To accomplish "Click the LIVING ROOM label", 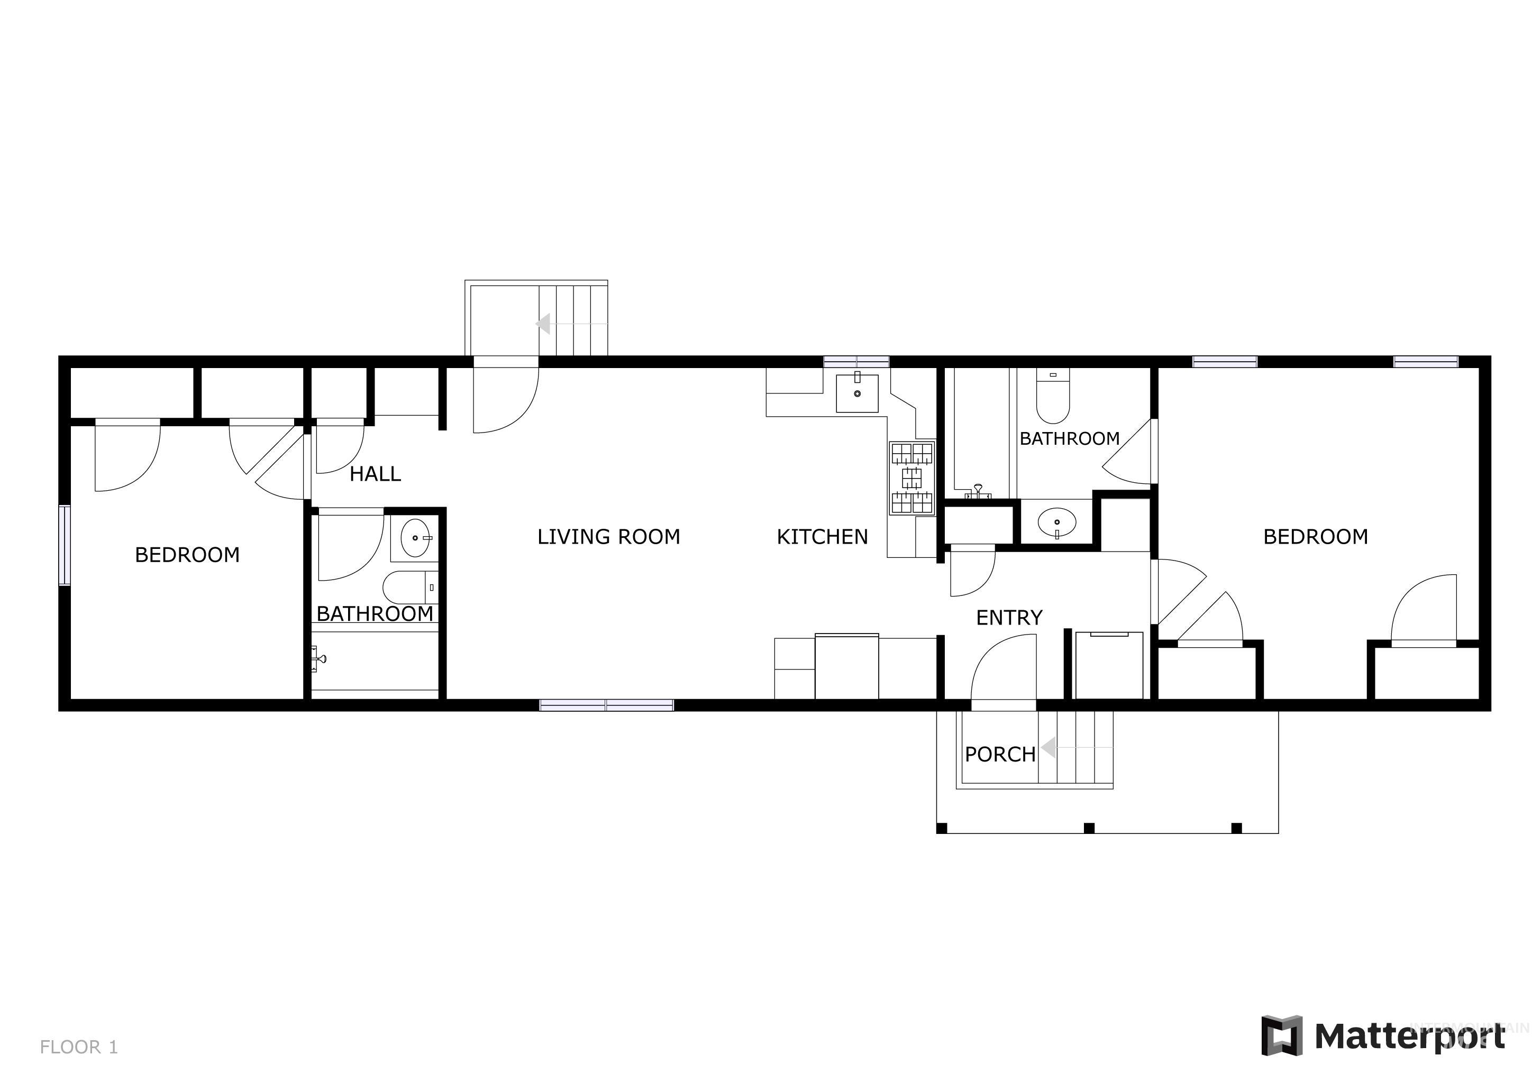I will [x=608, y=537].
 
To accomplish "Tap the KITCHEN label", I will [x=822, y=537].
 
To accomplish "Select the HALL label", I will [x=375, y=474].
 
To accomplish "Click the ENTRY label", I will [x=1009, y=618].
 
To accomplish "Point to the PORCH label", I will [x=999, y=754].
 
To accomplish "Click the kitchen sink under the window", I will [x=857, y=393].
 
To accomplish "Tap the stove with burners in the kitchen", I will [x=912, y=478].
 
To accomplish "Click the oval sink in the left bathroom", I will [x=415, y=537].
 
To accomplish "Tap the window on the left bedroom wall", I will [x=65, y=546].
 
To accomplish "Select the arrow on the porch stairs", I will [x=1049, y=748].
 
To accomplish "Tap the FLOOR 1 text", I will [x=79, y=1047].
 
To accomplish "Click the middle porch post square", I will [x=1089, y=828].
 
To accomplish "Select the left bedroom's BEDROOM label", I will [x=187, y=555].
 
